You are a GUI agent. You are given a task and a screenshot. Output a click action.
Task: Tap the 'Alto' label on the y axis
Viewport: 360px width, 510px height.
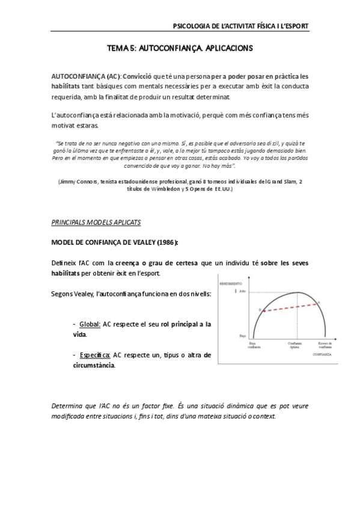243,292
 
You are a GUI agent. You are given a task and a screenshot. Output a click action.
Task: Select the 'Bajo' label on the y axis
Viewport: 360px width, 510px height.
243,336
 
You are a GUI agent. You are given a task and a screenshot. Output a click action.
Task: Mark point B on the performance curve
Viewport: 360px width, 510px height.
260,309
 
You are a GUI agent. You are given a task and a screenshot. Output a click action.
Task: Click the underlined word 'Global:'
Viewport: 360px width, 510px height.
90,324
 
